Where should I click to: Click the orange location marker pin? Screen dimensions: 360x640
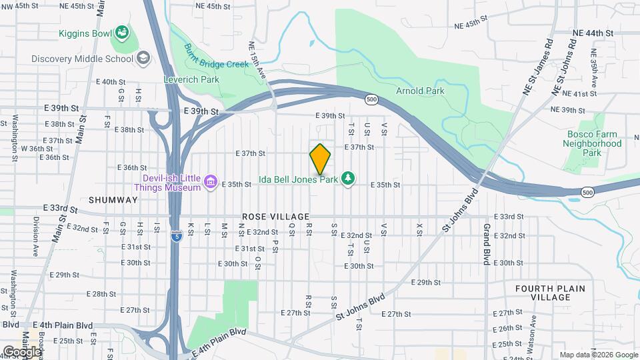point(321,159)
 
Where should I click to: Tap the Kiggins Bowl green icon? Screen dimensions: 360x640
point(121,31)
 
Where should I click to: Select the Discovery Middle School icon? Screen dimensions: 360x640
point(143,58)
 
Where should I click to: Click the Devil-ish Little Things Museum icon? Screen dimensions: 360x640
point(211,181)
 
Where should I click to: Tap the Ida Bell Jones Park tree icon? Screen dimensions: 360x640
point(347,179)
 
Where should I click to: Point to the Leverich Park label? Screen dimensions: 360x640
point(191,79)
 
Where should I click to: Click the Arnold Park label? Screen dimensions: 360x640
point(420,91)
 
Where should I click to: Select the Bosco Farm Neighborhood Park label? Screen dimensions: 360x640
point(591,143)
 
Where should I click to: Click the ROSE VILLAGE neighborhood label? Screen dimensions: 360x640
point(276,217)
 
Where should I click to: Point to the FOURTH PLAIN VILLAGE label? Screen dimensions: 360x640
point(550,293)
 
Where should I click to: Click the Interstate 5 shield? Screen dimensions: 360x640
point(175,236)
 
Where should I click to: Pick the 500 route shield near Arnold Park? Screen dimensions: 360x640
point(371,99)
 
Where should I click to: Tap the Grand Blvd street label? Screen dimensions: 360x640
point(487,244)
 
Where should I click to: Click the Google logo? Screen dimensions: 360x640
point(22,351)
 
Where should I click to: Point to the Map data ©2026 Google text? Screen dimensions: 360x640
point(599,355)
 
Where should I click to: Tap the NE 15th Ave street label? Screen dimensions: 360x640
point(257,58)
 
